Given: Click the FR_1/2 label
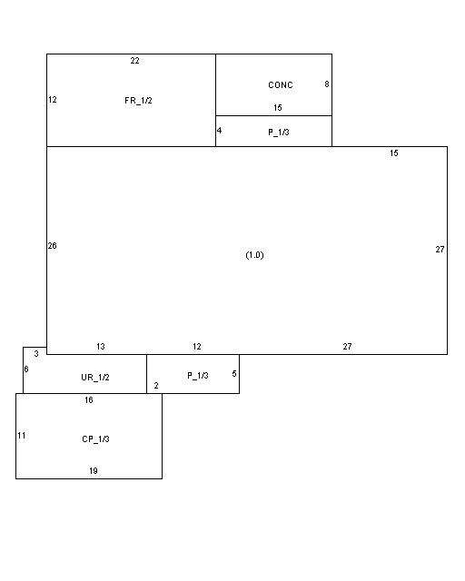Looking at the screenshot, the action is (x=138, y=101).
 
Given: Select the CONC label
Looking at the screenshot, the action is (x=281, y=84).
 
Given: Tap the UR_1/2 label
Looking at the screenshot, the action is (x=95, y=378).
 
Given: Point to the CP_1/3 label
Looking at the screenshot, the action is (x=95, y=439).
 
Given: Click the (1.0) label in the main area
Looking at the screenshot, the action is (x=254, y=255).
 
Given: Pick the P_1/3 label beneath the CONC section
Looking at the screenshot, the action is (x=279, y=133).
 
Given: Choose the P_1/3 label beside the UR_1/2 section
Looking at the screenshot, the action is (x=198, y=376).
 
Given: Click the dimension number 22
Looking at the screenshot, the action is (x=135, y=61).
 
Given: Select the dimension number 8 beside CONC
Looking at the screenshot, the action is (x=327, y=84).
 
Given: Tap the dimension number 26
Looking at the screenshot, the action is (x=53, y=246).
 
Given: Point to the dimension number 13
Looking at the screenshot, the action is (x=101, y=347).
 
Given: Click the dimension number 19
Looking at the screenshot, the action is (x=94, y=470).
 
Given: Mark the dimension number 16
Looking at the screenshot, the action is (x=89, y=399).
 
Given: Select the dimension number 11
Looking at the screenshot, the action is (x=22, y=436).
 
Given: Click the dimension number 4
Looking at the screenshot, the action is (x=219, y=131).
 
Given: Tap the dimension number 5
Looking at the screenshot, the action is (x=234, y=373).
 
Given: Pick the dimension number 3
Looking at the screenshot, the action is (x=36, y=353).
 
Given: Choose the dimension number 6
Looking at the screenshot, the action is (x=26, y=369).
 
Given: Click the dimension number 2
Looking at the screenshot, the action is (x=156, y=385).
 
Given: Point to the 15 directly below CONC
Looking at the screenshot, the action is (x=278, y=108).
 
